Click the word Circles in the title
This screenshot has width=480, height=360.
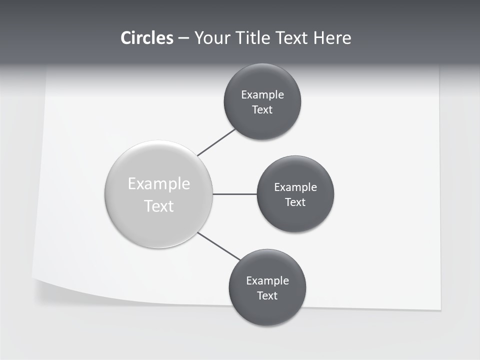coord(146,38)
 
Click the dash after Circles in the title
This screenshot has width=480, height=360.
coord(183,38)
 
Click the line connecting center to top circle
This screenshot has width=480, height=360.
coord(216,142)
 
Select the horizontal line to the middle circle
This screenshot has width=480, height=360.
coord(235,194)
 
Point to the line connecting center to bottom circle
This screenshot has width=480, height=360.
coord(219,246)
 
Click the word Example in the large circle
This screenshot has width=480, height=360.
coord(159,184)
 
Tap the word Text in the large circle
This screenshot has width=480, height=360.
coord(159,206)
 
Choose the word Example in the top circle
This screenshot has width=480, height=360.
coord(262,95)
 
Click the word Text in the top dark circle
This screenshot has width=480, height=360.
coord(262,110)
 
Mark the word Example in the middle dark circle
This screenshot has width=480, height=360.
coord(295,187)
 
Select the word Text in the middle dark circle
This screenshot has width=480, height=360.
coord(295,202)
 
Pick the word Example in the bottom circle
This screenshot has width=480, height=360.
coord(267,281)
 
